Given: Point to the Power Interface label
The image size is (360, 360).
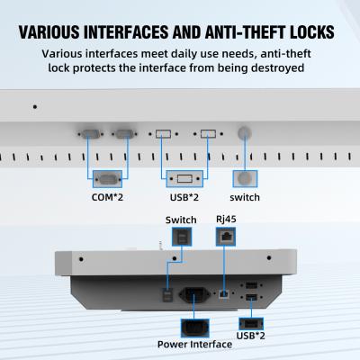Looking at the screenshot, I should point(194,344).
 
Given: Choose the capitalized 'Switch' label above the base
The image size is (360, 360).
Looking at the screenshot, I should point(182,220).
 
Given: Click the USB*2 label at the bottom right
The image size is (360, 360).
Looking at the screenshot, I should point(251,336).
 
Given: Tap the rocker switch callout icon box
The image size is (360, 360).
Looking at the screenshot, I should point(182,237).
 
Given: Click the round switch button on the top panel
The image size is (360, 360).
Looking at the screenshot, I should point(244,133).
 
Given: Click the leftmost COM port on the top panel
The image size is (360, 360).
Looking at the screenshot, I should point(91,134).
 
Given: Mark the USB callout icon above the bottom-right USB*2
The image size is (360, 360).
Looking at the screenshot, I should point(251,322).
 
